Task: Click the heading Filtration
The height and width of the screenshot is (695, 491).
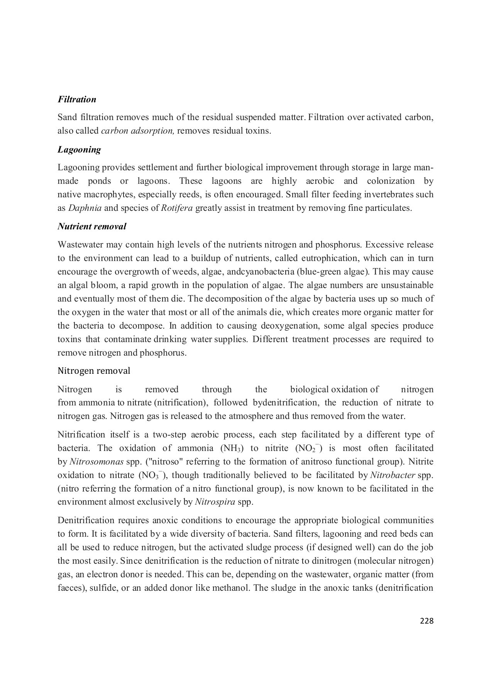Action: coord(77,100)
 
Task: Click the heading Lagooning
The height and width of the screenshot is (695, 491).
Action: coord(79,150)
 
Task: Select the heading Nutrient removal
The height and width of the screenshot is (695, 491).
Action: coord(92,227)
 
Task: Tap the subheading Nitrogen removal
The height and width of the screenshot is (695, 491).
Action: coord(94,371)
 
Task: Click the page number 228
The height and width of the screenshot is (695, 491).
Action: coord(427,621)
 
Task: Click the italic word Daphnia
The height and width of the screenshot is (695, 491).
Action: coord(85,208)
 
